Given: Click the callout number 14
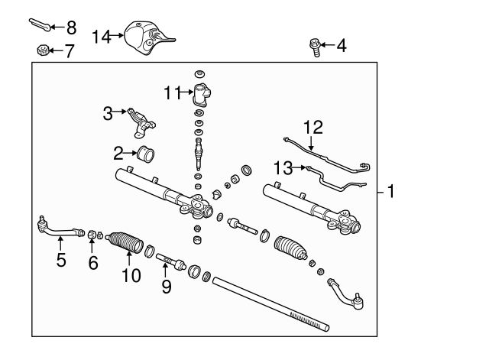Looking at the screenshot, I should click(x=102, y=36).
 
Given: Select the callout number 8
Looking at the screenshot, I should click(x=71, y=28).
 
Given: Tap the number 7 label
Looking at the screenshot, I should click(x=70, y=52).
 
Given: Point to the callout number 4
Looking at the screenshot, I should click(x=341, y=46).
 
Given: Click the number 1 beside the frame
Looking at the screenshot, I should click(x=391, y=191).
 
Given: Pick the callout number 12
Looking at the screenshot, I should click(x=313, y=127).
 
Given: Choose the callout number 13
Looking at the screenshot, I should click(x=283, y=167).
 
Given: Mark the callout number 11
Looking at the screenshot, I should click(x=171, y=93).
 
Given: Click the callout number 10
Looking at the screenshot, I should click(x=131, y=274).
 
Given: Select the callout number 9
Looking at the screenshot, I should click(x=166, y=287).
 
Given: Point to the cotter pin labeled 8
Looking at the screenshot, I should click(x=40, y=24).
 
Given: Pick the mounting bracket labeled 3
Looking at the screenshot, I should click(x=141, y=116).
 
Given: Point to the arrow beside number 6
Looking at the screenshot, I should click(x=91, y=246).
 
